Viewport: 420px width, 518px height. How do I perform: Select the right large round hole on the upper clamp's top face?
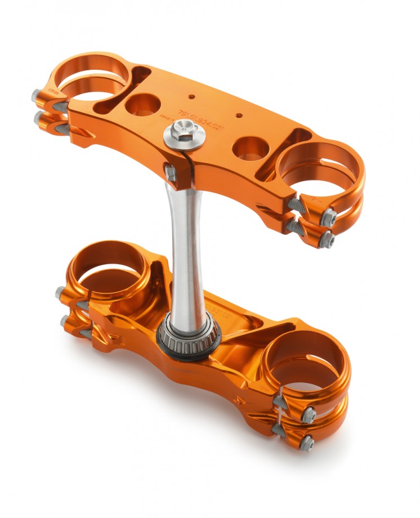(249, 148)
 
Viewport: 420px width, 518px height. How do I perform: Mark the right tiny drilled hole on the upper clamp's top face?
(239, 115)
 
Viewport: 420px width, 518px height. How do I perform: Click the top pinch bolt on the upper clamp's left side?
(37, 95)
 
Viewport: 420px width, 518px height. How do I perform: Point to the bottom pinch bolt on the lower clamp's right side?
(307, 441)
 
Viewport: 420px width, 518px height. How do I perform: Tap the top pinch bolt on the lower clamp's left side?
(60, 292)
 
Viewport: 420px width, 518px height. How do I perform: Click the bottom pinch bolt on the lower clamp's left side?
(64, 320)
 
